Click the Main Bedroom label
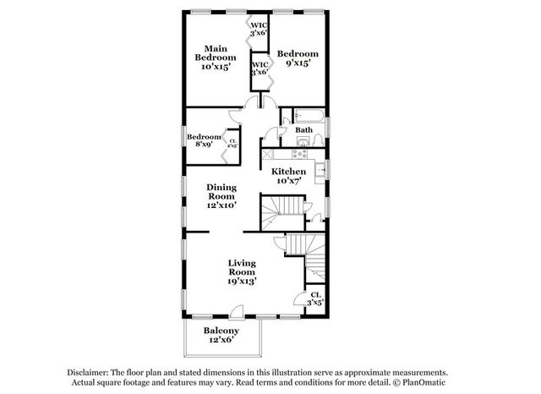click(214, 57)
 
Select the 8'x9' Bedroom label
click(203, 141)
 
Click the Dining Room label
click(222, 196)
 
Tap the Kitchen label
click(288, 176)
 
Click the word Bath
click(304, 130)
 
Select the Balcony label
click(221, 335)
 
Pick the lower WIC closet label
click(260, 68)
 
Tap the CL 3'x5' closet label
click(314, 298)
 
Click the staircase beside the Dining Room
click(282, 209)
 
